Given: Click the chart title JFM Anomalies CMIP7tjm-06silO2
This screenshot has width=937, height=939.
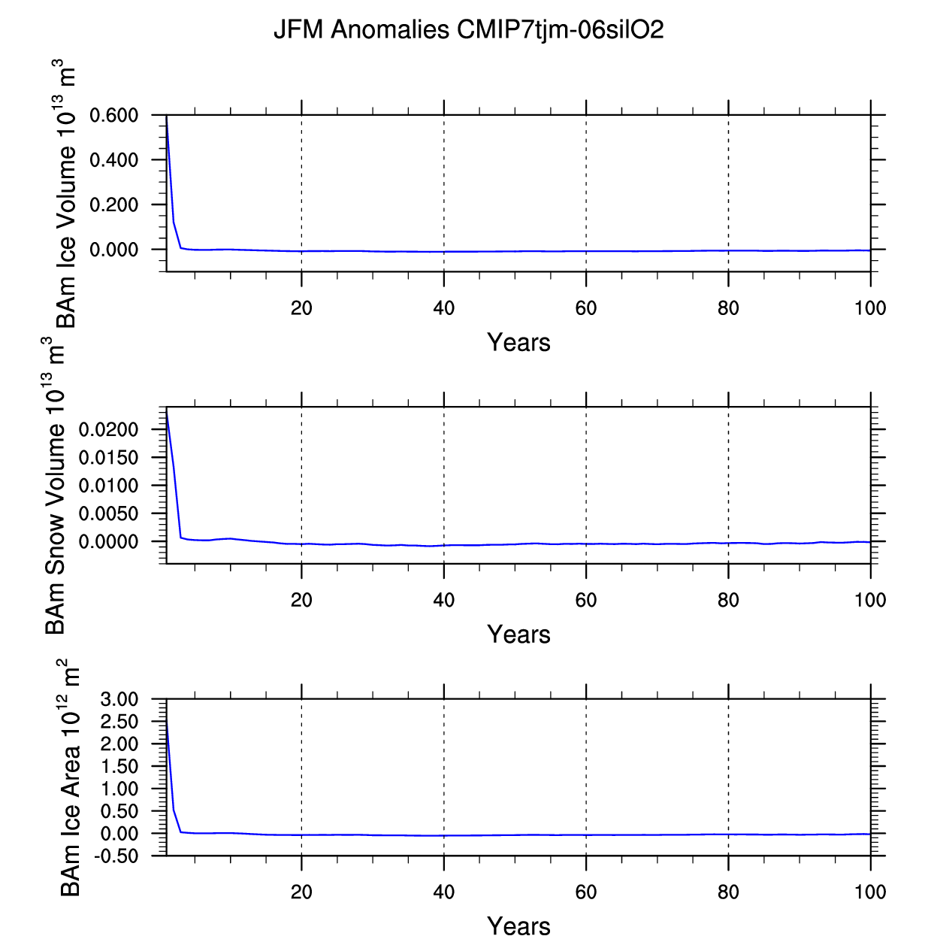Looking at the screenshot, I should tap(468, 30).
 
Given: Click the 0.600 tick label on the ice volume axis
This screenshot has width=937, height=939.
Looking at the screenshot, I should tap(114, 116).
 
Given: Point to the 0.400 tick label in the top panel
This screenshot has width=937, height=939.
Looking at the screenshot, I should tap(114, 160).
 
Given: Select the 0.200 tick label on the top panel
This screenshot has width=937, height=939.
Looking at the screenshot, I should tap(114, 205).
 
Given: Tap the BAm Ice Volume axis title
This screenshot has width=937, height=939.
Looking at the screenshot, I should tap(66, 194).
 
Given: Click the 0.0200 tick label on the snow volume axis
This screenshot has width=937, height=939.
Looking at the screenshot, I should tap(110, 429).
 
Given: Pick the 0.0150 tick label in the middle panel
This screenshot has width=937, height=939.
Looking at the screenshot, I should tap(110, 458).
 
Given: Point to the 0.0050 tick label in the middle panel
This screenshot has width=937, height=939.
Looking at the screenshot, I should tap(110, 513).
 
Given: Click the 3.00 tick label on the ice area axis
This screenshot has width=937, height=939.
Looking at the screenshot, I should tap(119, 700).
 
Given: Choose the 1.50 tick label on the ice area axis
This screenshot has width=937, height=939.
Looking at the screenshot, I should tap(119, 767).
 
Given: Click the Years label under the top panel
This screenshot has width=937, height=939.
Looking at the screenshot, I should tap(518, 343).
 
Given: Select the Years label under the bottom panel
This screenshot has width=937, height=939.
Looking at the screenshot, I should tap(518, 926).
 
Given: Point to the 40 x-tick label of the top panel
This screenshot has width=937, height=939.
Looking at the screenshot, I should tap(444, 308).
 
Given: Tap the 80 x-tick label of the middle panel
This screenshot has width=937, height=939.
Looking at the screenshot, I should tap(728, 601).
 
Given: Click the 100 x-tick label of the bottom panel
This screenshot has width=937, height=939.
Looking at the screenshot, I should tap(870, 892).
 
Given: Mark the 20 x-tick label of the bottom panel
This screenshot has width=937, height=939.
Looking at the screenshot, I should tap(301, 892).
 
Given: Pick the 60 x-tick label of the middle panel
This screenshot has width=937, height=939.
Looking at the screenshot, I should tap(586, 601).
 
